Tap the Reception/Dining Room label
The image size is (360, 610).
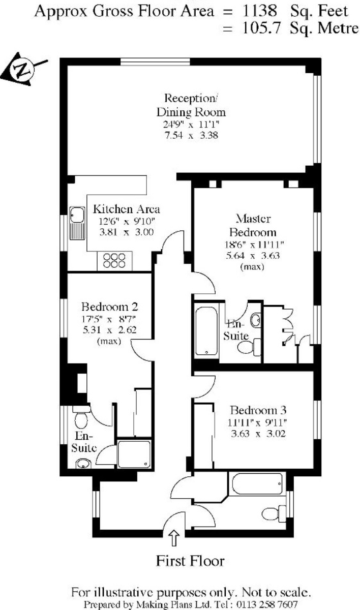click(x=191, y=105)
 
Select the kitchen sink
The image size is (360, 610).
click(x=77, y=223)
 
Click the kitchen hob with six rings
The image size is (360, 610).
click(x=114, y=261)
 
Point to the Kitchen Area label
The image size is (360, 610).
click(x=126, y=209)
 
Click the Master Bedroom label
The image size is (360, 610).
click(x=253, y=225)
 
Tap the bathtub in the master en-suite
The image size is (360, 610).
click(x=206, y=331)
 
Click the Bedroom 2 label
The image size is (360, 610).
click(x=109, y=307)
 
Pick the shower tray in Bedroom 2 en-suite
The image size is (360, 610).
click(x=134, y=454)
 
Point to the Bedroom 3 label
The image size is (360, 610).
click(x=258, y=410)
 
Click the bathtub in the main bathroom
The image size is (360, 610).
click(x=257, y=484)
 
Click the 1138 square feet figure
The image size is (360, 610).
click(x=259, y=11)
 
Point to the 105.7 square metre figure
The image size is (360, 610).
click(x=261, y=28)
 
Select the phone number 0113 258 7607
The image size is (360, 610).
click(x=267, y=604)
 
